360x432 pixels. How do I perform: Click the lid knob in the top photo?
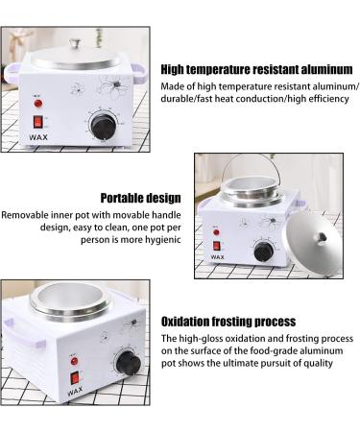(x=75, y=43)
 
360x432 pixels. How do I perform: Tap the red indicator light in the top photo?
(x=38, y=104)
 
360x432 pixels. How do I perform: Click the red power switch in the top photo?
(x=38, y=122)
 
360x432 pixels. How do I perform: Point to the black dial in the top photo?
(x=104, y=127)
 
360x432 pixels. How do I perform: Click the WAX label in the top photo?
(x=38, y=137)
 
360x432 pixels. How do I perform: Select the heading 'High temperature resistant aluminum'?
(x=256, y=69)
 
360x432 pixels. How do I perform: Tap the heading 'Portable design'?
(x=141, y=198)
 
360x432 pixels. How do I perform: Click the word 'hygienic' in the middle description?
(x=163, y=240)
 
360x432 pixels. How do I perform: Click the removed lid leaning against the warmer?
(x=314, y=242)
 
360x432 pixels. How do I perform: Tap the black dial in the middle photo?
(x=264, y=252)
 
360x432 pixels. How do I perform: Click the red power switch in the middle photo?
(x=217, y=246)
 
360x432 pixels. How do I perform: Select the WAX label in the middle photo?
(x=218, y=257)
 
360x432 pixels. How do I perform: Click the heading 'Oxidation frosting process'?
(x=228, y=322)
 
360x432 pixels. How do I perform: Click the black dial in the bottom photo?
(x=128, y=363)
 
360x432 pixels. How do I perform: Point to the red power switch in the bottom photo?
(x=75, y=378)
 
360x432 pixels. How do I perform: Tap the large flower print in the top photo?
(x=113, y=85)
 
